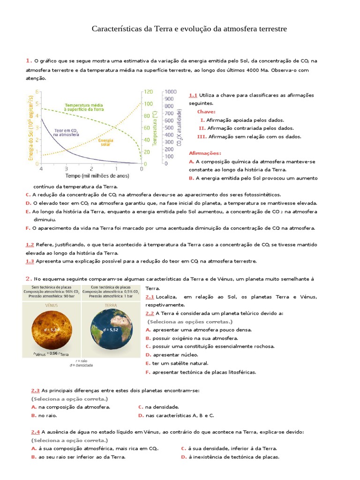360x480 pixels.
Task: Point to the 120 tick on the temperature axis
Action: click(x=148, y=92)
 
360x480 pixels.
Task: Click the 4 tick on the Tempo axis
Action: click(x=41, y=169)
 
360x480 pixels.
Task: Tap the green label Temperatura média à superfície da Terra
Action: click(x=84, y=107)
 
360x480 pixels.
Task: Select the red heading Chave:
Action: click(x=206, y=112)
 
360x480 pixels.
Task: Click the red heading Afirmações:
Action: click(x=204, y=153)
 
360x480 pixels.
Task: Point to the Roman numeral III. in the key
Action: click(x=202, y=137)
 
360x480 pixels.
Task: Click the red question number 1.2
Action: click(x=30, y=245)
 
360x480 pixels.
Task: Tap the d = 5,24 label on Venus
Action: click(x=52, y=330)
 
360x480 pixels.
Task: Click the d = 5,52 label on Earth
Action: click(x=110, y=330)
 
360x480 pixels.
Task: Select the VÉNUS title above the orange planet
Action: click(x=52, y=304)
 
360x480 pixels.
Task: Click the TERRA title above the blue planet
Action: click(x=110, y=304)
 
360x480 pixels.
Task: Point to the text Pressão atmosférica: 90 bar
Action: click(x=52, y=296)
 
